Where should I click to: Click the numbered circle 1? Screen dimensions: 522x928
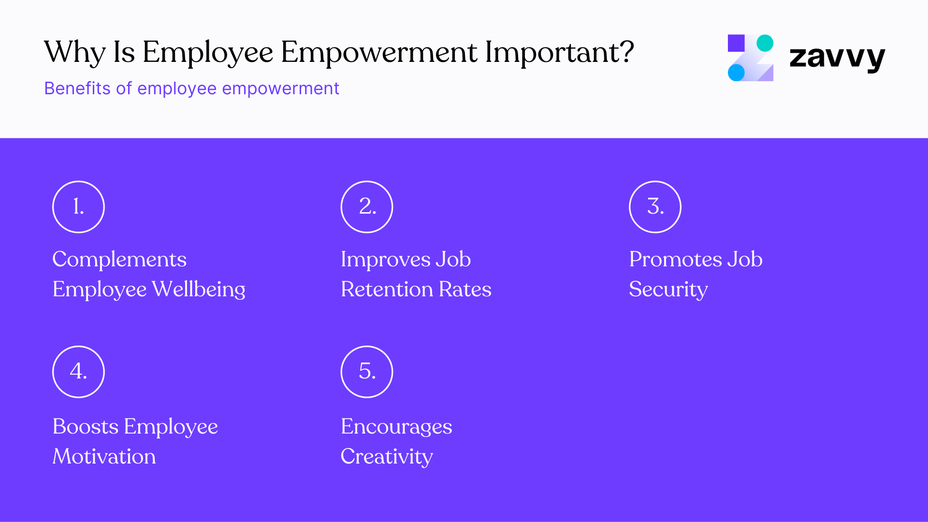pos(78,207)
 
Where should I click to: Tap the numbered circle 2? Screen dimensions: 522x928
pos(367,207)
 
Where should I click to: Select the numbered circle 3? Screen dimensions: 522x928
pos(655,207)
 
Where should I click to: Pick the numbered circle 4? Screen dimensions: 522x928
pos(78,372)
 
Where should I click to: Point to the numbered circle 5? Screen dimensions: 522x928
pos(367,372)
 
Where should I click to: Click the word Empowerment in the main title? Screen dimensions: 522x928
pos(379,52)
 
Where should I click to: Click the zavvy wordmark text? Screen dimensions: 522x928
pos(837,58)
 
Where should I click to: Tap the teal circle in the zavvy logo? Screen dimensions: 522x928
pos(765,43)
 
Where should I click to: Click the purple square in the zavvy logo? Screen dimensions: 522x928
pos(736,43)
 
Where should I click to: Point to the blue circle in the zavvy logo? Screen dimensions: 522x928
pos(736,73)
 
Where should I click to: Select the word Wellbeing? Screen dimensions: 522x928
pos(198,290)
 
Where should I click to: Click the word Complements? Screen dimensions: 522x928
pos(119,260)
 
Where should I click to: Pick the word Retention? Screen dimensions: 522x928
pos(387,290)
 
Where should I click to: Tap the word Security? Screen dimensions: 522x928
pos(668,290)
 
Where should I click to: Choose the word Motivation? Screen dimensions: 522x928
pos(104,457)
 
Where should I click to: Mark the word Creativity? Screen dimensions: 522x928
pos(387,457)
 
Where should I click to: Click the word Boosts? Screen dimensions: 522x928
pos(85,427)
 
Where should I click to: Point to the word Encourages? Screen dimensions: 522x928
pos(396,427)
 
